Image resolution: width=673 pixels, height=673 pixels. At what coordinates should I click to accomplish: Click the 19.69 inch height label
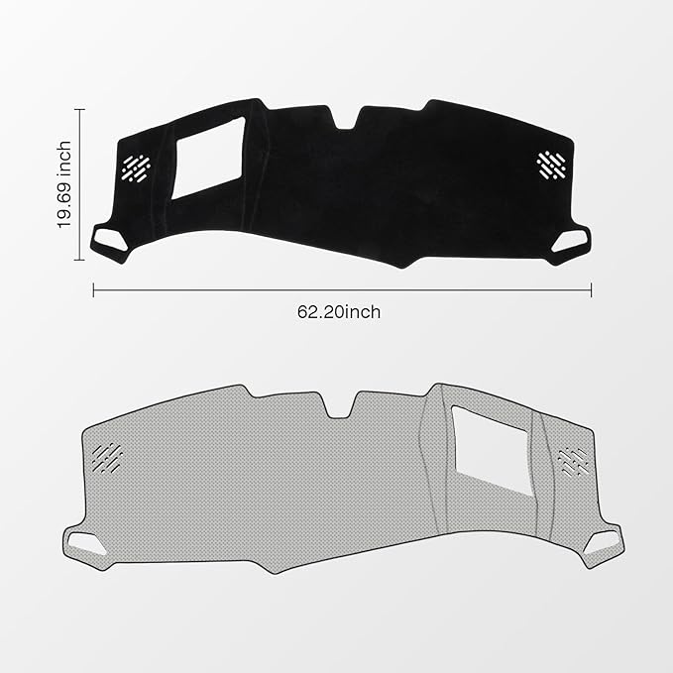[64, 184]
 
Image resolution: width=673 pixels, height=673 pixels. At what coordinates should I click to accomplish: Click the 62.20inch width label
[338, 311]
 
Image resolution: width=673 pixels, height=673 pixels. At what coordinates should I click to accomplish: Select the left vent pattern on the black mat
[136, 167]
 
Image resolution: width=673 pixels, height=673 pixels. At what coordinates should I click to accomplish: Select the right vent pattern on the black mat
[550, 165]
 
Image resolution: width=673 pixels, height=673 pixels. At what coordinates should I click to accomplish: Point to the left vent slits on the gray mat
[107, 456]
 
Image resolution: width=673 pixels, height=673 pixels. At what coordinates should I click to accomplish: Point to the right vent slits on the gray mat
[574, 459]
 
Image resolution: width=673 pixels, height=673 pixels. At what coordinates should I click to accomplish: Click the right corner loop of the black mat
[572, 241]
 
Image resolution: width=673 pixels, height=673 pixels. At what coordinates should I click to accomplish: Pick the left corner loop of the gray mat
[82, 542]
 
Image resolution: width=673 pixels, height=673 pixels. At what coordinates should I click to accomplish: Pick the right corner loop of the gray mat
[608, 543]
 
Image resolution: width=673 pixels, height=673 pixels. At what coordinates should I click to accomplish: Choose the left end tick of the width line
[94, 290]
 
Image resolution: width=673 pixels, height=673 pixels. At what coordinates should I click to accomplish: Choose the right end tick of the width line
[592, 290]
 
